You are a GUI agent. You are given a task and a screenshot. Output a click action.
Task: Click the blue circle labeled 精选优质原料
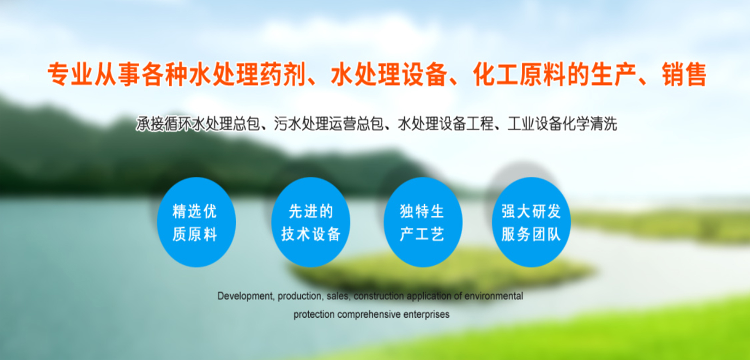pos(196,222)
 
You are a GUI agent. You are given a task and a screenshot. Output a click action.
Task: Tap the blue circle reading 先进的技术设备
pos(311,222)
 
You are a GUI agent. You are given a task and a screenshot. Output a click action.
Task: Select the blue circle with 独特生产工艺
pos(423,222)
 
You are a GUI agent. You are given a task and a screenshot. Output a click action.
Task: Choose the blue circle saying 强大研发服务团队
pos(531,222)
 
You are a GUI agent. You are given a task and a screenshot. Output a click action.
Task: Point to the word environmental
pos(494,296)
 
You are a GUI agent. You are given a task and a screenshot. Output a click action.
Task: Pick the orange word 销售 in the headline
pos(684,74)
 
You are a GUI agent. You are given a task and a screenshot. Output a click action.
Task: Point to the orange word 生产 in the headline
pos(614,74)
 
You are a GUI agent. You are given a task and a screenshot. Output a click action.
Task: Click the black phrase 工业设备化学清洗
pos(562,124)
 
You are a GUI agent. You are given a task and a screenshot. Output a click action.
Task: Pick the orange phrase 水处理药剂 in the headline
pos(247,74)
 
